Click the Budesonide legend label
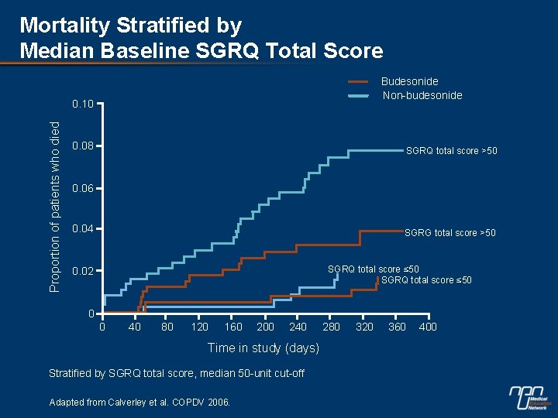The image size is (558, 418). point(409,81)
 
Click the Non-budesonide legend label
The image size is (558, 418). point(422,95)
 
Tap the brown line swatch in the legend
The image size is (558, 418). point(358,81)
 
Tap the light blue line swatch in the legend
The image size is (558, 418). point(358,96)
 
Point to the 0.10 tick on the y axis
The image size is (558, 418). point(82,104)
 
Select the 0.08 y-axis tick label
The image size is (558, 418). point(82,146)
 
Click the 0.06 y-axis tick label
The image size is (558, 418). point(82,189)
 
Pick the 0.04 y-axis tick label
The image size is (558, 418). point(82,230)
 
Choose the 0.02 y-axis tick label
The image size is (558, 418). point(82,272)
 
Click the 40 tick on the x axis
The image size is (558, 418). point(134,327)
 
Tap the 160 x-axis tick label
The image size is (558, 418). point(232,327)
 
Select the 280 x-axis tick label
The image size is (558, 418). point(330,327)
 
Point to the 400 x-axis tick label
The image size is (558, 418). point(428,327)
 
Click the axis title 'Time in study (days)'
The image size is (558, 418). point(263,348)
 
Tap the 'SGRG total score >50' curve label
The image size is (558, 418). point(449,233)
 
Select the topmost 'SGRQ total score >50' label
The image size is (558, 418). point(451,151)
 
